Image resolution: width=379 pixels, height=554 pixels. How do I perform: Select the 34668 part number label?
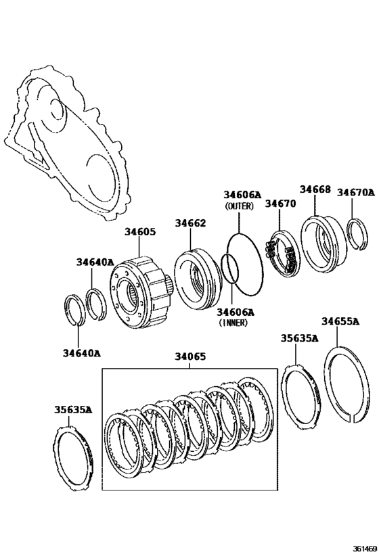[x=315, y=189]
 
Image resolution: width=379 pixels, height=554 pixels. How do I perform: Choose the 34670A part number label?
[x=355, y=192]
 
